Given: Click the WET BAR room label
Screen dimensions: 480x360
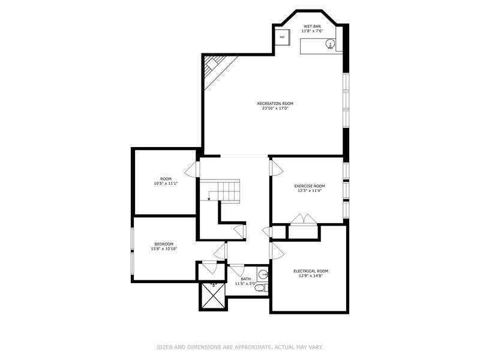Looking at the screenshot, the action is point(312,26).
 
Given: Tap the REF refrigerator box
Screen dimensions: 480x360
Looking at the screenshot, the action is point(282,37).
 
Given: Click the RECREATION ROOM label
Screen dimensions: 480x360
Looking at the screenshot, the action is point(275,103).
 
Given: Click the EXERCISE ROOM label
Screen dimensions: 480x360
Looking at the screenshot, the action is point(310,186).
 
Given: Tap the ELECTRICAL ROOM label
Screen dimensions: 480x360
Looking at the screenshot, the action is point(311,271).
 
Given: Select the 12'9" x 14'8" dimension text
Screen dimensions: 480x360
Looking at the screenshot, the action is point(311,275).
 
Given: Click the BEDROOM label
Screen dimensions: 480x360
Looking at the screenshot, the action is point(164,244).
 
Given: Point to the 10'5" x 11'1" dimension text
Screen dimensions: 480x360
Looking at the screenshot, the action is point(166,184).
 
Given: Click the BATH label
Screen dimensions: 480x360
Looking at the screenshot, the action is point(245,279).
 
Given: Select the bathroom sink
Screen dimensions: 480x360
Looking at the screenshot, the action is point(263,275).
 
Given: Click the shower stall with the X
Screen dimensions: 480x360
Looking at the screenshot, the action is point(213,295).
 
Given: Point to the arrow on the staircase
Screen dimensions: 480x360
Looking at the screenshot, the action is point(209,196).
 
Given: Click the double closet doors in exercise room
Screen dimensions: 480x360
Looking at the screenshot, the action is point(303,219).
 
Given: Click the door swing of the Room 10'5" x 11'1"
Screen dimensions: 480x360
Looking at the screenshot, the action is point(190,169).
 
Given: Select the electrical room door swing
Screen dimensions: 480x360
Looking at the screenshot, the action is point(277,251).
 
